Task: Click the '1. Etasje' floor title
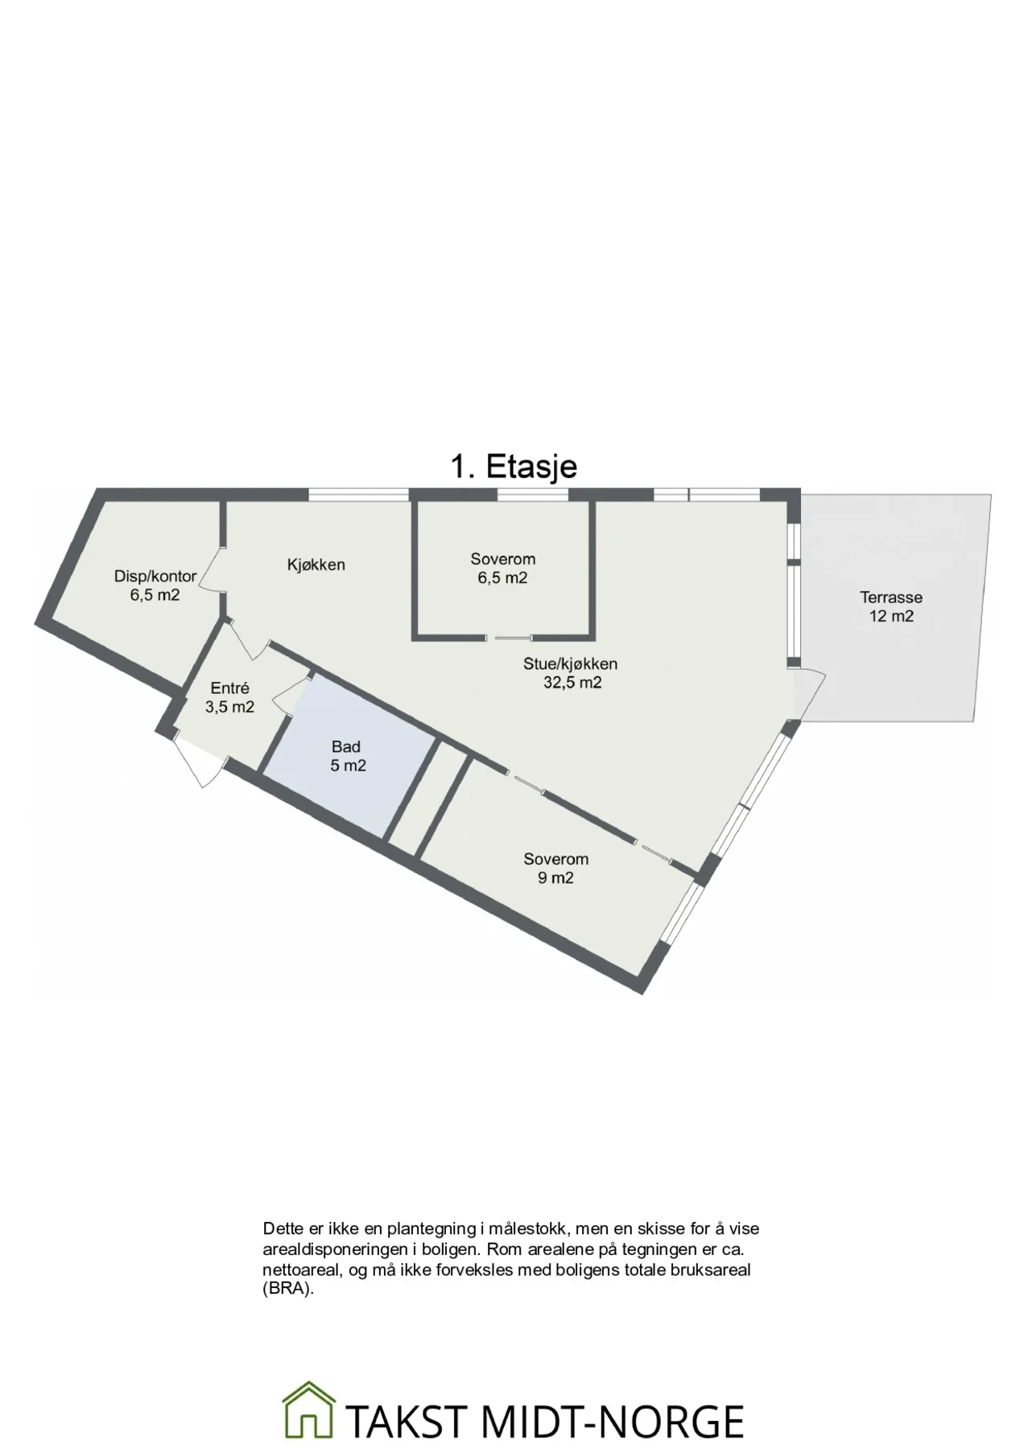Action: coord(513,467)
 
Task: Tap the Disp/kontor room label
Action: coord(155,576)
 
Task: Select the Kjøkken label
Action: coord(316,565)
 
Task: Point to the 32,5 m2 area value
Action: coord(572,683)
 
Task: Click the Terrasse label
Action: coord(891,597)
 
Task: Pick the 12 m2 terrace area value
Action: coord(891,617)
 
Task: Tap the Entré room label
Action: coord(229,688)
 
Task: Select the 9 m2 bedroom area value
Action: coord(555,878)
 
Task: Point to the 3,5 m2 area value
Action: coord(229,708)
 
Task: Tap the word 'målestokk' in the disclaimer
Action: coord(527,1229)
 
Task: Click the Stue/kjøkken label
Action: coord(571,664)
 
